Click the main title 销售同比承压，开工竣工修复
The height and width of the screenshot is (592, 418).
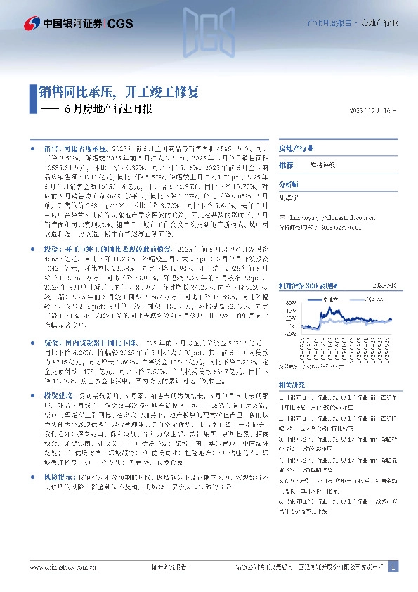119,92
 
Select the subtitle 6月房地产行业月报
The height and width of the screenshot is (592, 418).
106,110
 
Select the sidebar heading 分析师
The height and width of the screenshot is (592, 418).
289,184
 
